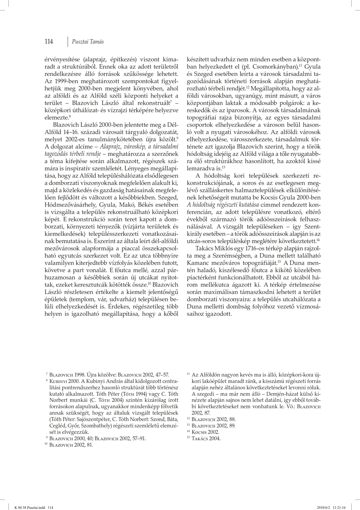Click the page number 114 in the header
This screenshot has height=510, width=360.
(49, 42)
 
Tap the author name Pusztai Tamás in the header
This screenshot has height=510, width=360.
(88, 42)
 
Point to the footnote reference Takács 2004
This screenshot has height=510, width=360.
(206, 438)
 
